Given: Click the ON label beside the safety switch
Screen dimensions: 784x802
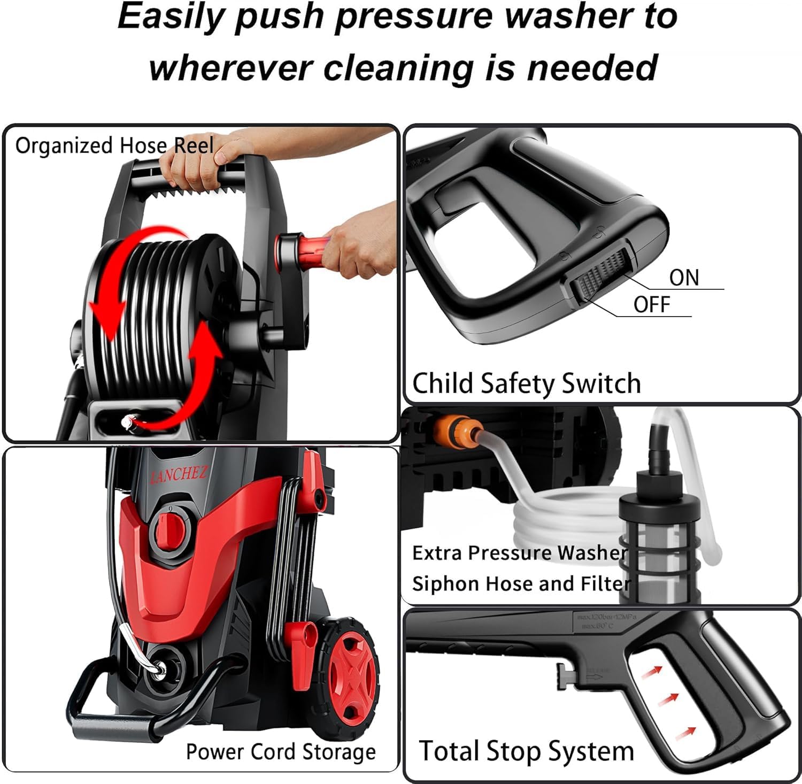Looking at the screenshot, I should pos(684,278).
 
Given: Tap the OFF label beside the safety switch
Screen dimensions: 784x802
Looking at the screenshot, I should pos(651,305).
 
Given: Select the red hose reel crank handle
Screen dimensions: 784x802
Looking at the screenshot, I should pos(307,251).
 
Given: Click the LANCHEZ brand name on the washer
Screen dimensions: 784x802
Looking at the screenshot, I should pos(178,473).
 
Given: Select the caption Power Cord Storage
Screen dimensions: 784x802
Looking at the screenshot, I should pos(281,751).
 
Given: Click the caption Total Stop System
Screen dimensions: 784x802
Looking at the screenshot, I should pos(526,751).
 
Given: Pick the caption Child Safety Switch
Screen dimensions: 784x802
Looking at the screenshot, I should pos(526,383).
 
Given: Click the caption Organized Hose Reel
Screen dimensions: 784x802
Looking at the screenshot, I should pos(114,145).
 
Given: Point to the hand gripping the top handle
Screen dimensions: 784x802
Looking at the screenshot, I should pos(203,163).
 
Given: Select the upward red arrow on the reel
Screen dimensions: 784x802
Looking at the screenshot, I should pos(198,374).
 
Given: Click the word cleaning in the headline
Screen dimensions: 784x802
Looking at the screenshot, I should pos(400,68).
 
